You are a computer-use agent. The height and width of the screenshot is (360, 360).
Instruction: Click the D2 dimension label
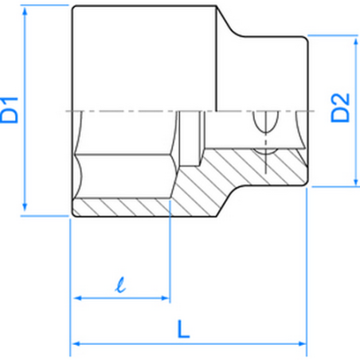(x=341, y=108)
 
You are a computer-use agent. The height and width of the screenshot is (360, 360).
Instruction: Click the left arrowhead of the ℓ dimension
(x=77, y=299)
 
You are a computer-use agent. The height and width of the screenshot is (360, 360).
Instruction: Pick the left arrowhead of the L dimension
(x=76, y=344)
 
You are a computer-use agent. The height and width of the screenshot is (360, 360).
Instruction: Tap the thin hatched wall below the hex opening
(x=119, y=209)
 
